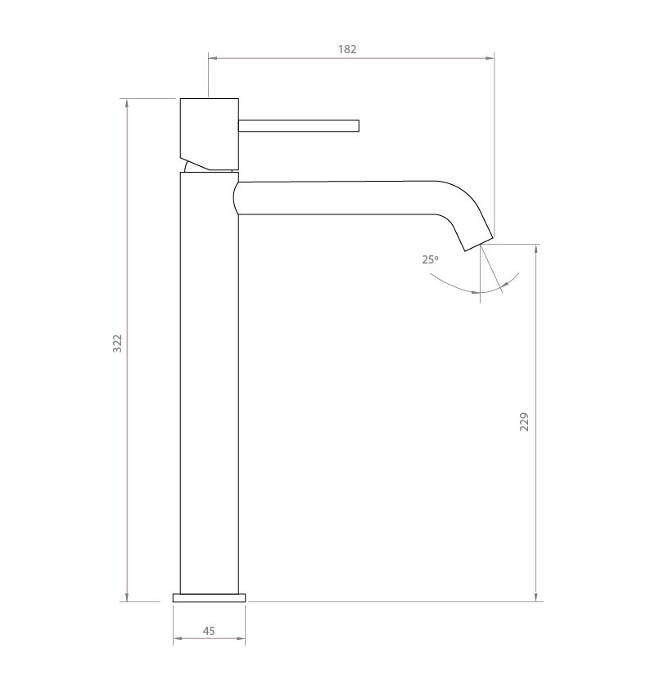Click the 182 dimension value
pos(347,49)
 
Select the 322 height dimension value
pos(117,343)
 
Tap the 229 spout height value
pos(524,422)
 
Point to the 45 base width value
pos(209,631)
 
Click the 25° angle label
pos(431,259)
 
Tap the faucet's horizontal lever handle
pos(299,126)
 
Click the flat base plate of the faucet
pos(210,597)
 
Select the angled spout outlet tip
pos(479,245)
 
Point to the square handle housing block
pos(210,134)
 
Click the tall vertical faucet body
pos(210,383)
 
